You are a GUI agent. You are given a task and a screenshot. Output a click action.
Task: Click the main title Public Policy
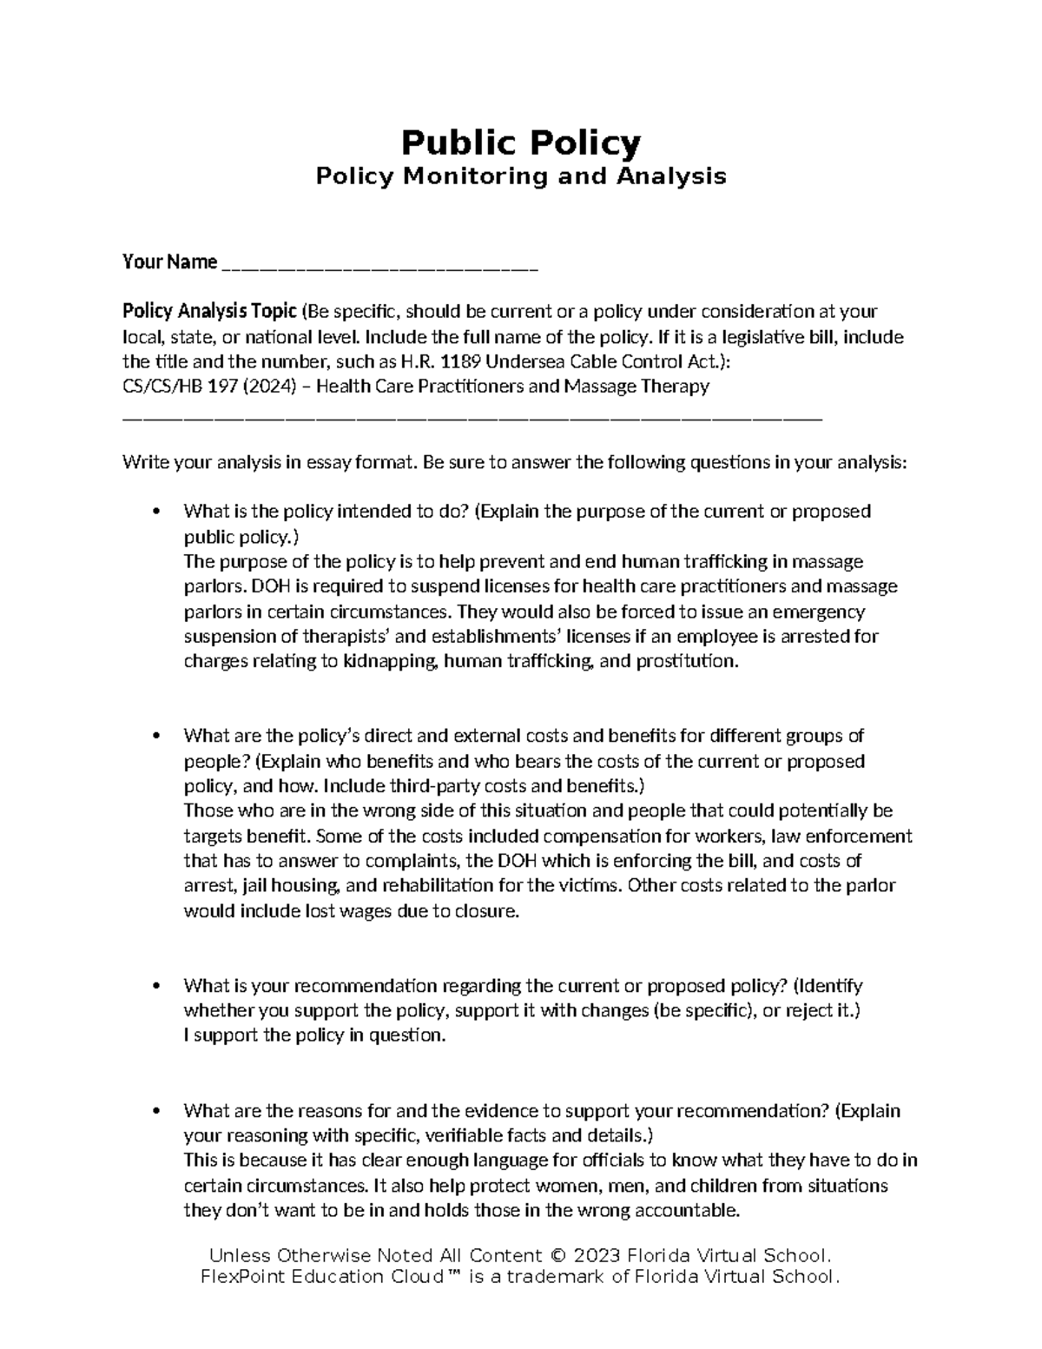pyautogui.click(x=520, y=142)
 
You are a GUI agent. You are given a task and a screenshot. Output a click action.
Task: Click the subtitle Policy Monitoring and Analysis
pyautogui.click(x=520, y=176)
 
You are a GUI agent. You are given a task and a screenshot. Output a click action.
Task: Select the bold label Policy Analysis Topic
pyautogui.click(x=209, y=311)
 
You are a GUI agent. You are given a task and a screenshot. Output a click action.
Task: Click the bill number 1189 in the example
pyautogui.click(x=460, y=361)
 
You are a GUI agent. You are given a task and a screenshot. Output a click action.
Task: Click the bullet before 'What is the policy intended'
pyautogui.click(x=156, y=512)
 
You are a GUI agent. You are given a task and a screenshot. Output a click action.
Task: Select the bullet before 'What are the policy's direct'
pyautogui.click(x=156, y=737)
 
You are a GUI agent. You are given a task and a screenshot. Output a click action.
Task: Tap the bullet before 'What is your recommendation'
pyautogui.click(x=156, y=987)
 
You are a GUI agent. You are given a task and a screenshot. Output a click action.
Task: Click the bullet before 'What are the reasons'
pyautogui.click(x=156, y=1112)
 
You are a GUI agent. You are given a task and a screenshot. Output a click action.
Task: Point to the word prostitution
pyautogui.click(x=685, y=661)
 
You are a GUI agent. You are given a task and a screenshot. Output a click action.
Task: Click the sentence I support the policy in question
pyautogui.click(x=314, y=1035)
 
